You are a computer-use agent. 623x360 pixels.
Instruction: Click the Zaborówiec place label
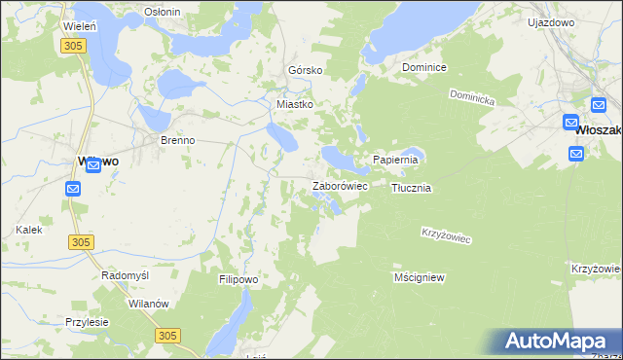(x=339, y=186)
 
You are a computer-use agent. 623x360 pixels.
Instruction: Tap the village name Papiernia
(x=395, y=160)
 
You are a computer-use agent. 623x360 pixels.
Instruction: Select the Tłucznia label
(x=411, y=188)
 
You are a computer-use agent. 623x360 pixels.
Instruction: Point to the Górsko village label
(x=305, y=71)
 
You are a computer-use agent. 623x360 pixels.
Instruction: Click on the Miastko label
(x=295, y=104)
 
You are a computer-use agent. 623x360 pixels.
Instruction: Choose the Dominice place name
(x=424, y=68)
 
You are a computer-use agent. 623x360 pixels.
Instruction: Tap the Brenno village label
(x=178, y=140)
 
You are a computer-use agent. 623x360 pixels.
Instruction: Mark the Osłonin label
(x=162, y=12)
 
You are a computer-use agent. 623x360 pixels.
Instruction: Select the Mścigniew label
(x=420, y=277)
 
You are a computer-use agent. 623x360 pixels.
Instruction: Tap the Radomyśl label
(x=125, y=275)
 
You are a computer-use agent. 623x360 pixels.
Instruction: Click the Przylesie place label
(x=88, y=322)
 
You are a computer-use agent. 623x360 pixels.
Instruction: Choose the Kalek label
(x=28, y=230)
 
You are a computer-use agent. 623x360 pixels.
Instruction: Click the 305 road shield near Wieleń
(x=71, y=46)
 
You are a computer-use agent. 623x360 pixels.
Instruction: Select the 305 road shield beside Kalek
(x=82, y=240)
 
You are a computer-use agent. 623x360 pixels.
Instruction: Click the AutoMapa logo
(x=556, y=341)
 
